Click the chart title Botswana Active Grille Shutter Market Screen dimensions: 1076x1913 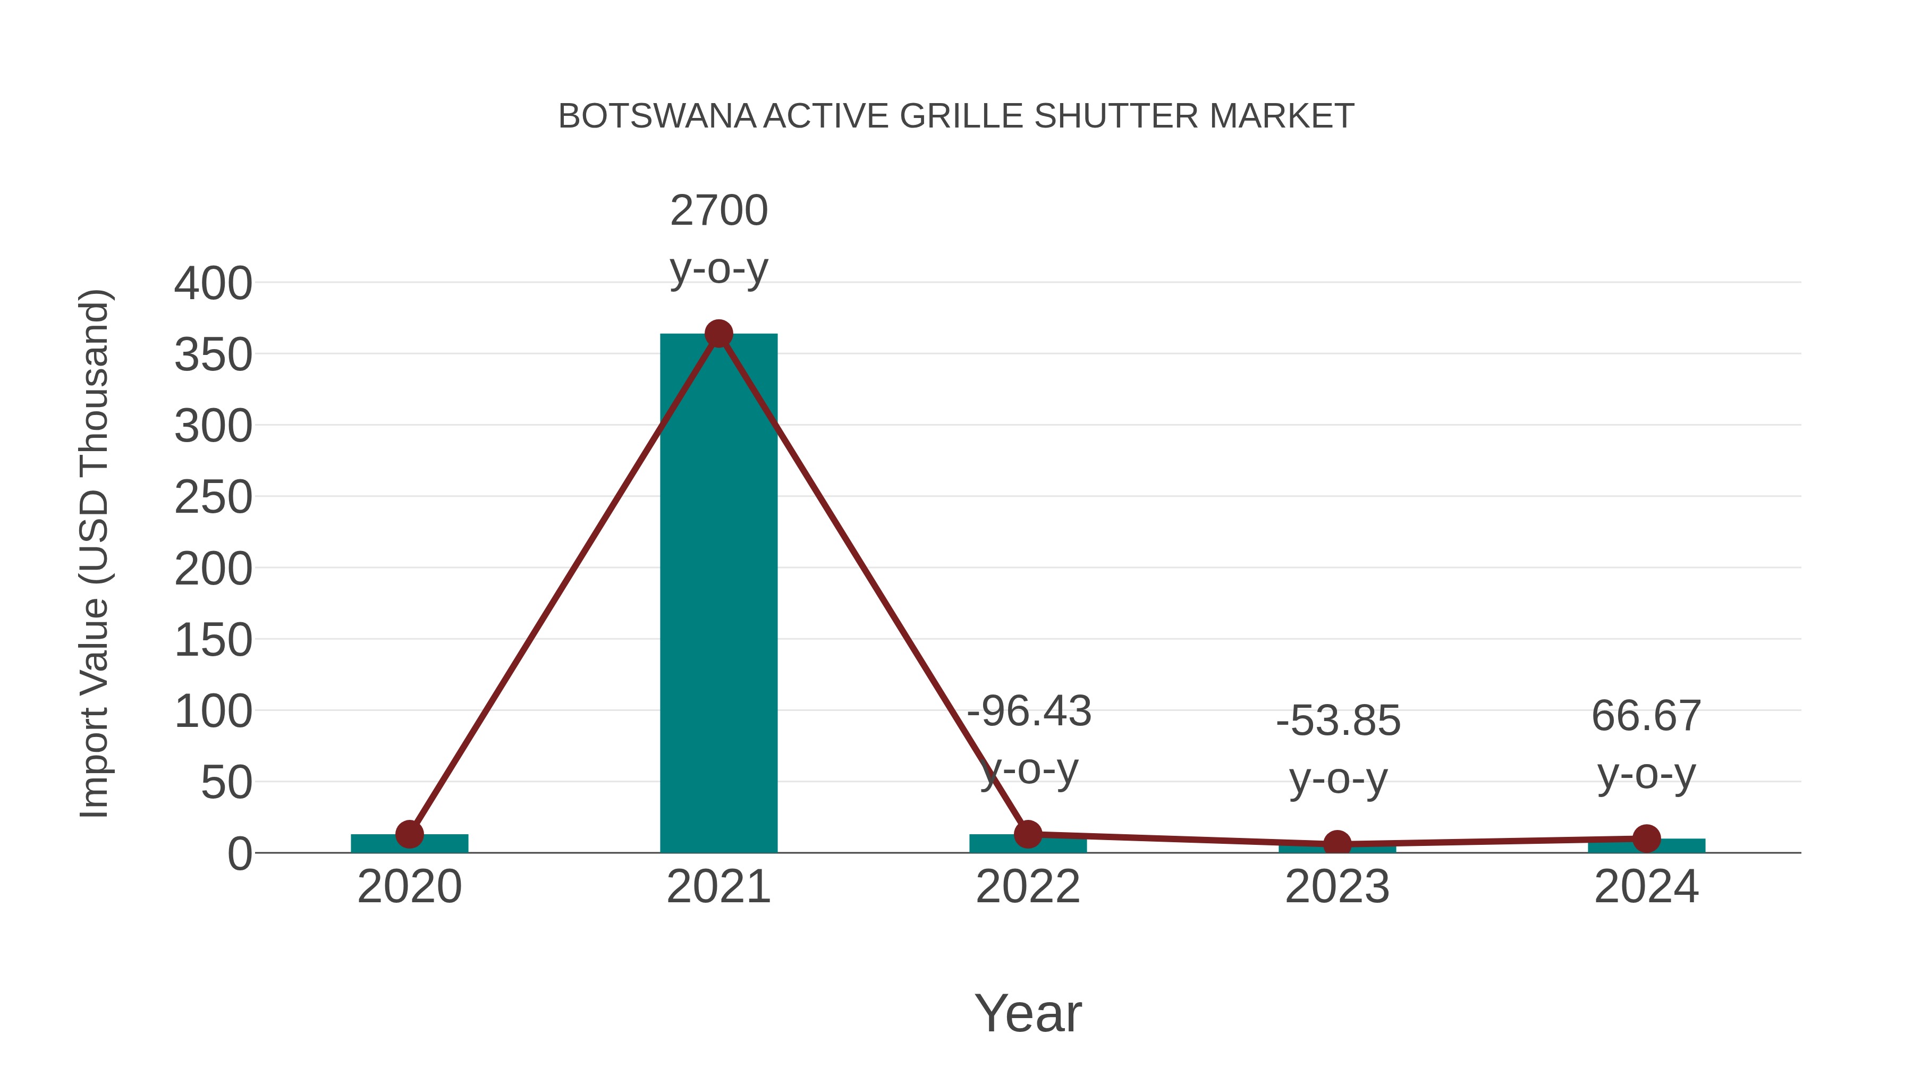956,116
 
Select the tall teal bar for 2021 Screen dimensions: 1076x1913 718,594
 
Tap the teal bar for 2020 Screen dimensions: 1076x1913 409,844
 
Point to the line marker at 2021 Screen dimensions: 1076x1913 718,334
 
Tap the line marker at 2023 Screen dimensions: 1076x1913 1337,844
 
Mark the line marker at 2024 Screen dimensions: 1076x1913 1646,838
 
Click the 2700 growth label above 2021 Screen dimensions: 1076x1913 718,211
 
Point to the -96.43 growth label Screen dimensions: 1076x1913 1029,711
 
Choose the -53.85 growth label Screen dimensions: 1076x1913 1338,721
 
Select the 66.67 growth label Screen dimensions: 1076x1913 1646,717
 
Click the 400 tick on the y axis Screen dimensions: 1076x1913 213,284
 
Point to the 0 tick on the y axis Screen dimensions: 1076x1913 239,853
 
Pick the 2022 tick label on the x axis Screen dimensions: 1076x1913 1028,887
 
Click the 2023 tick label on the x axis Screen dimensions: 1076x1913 1337,887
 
